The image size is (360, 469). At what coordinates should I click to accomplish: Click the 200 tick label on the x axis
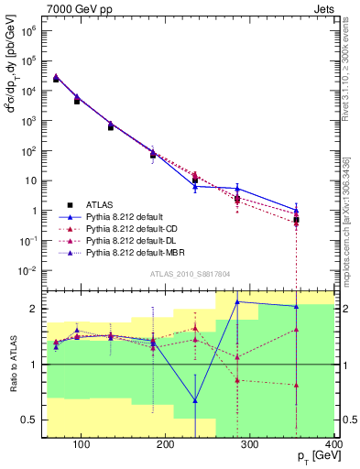(166, 446)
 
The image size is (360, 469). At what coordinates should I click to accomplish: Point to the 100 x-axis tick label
(82, 446)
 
